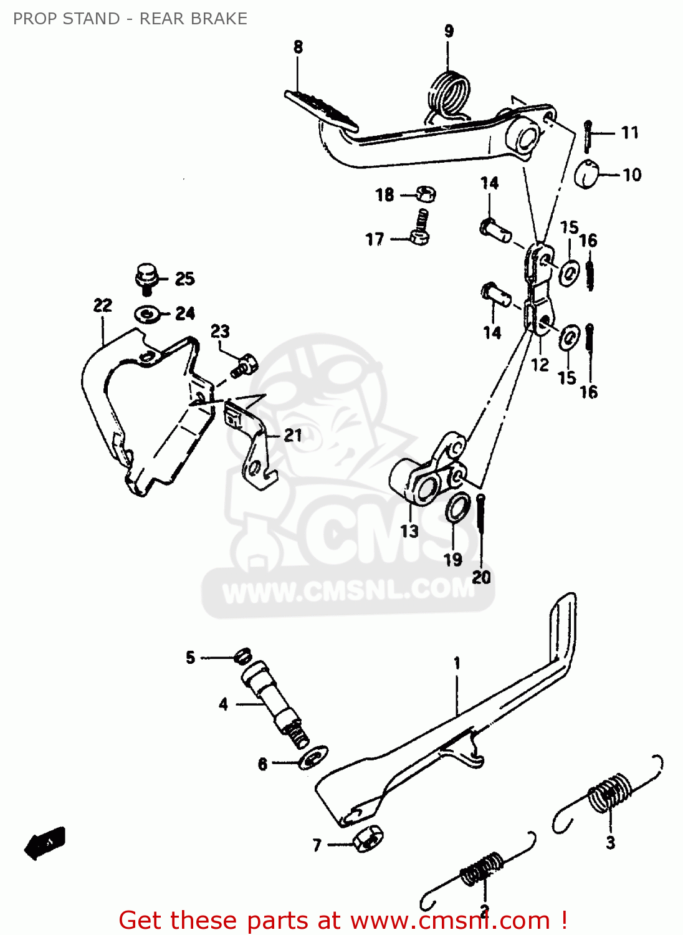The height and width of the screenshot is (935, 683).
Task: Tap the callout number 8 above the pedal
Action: (299, 47)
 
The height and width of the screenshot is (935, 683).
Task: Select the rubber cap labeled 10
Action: (586, 174)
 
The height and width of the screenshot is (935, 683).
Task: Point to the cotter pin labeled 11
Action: (588, 135)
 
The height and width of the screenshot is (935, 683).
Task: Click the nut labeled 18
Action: (426, 194)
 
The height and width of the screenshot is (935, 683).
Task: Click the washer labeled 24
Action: (147, 314)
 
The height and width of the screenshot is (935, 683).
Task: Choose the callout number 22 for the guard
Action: (103, 305)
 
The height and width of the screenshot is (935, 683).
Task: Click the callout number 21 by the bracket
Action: (293, 435)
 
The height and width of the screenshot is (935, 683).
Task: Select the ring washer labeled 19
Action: (457, 507)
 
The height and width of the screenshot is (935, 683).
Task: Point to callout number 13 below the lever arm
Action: (409, 531)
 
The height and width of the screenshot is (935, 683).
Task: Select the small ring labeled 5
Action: (242, 655)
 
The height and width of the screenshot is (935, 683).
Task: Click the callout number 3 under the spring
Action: (610, 842)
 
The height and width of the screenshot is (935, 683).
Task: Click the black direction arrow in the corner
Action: (45, 843)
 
